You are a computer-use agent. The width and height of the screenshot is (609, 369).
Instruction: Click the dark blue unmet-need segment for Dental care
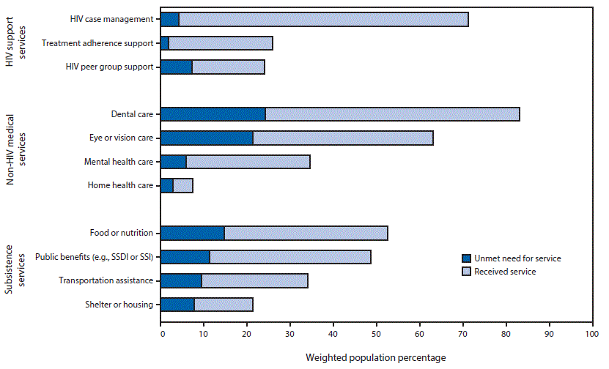coord(213,114)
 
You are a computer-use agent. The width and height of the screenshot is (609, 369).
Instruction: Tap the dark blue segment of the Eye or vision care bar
coord(207,138)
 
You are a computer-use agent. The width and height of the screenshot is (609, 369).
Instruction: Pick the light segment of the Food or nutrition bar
coord(306,233)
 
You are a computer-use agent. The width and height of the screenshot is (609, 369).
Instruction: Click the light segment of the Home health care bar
coord(183,185)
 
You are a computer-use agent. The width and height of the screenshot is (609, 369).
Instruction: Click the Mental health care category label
coord(118,162)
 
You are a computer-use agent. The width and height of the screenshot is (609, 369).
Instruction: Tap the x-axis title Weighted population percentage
coord(375,357)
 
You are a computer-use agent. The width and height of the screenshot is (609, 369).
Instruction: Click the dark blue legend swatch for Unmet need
coord(466,258)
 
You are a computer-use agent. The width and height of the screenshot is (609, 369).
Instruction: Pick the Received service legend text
coord(506,272)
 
